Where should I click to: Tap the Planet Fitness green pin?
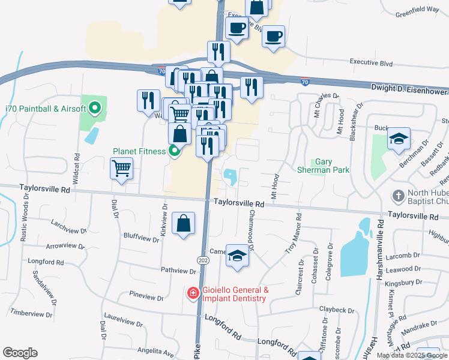[x=174, y=151]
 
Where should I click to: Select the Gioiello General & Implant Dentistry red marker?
[x=193, y=293]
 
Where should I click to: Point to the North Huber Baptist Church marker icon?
[x=398, y=196]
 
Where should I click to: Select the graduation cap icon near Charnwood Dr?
[x=238, y=256]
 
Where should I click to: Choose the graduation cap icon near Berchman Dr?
[x=399, y=139]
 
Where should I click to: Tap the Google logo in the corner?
[x=20, y=353]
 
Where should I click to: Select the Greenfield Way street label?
[x=418, y=10]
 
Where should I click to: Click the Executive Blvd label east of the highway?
[x=371, y=62]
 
